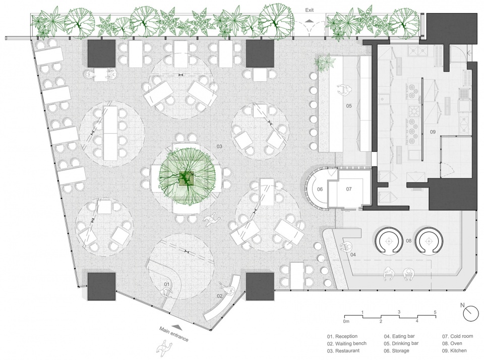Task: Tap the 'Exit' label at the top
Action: (309, 10)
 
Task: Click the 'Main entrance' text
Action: (174, 334)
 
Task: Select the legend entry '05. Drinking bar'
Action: (401, 343)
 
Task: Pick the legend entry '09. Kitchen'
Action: (454, 350)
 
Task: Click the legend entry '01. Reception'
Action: (342, 336)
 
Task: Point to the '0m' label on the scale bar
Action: (346, 321)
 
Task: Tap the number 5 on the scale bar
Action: (435, 312)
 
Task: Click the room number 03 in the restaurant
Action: (219, 146)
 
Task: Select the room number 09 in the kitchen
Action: (433, 132)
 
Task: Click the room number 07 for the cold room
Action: (349, 189)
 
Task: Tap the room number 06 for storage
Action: (320, 189)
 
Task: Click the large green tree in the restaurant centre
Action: (186, 177)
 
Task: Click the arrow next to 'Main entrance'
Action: (176, 326)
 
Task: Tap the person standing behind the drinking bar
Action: (344, 90)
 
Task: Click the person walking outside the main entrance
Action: (164, 348)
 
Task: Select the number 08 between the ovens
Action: (409, 241)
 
